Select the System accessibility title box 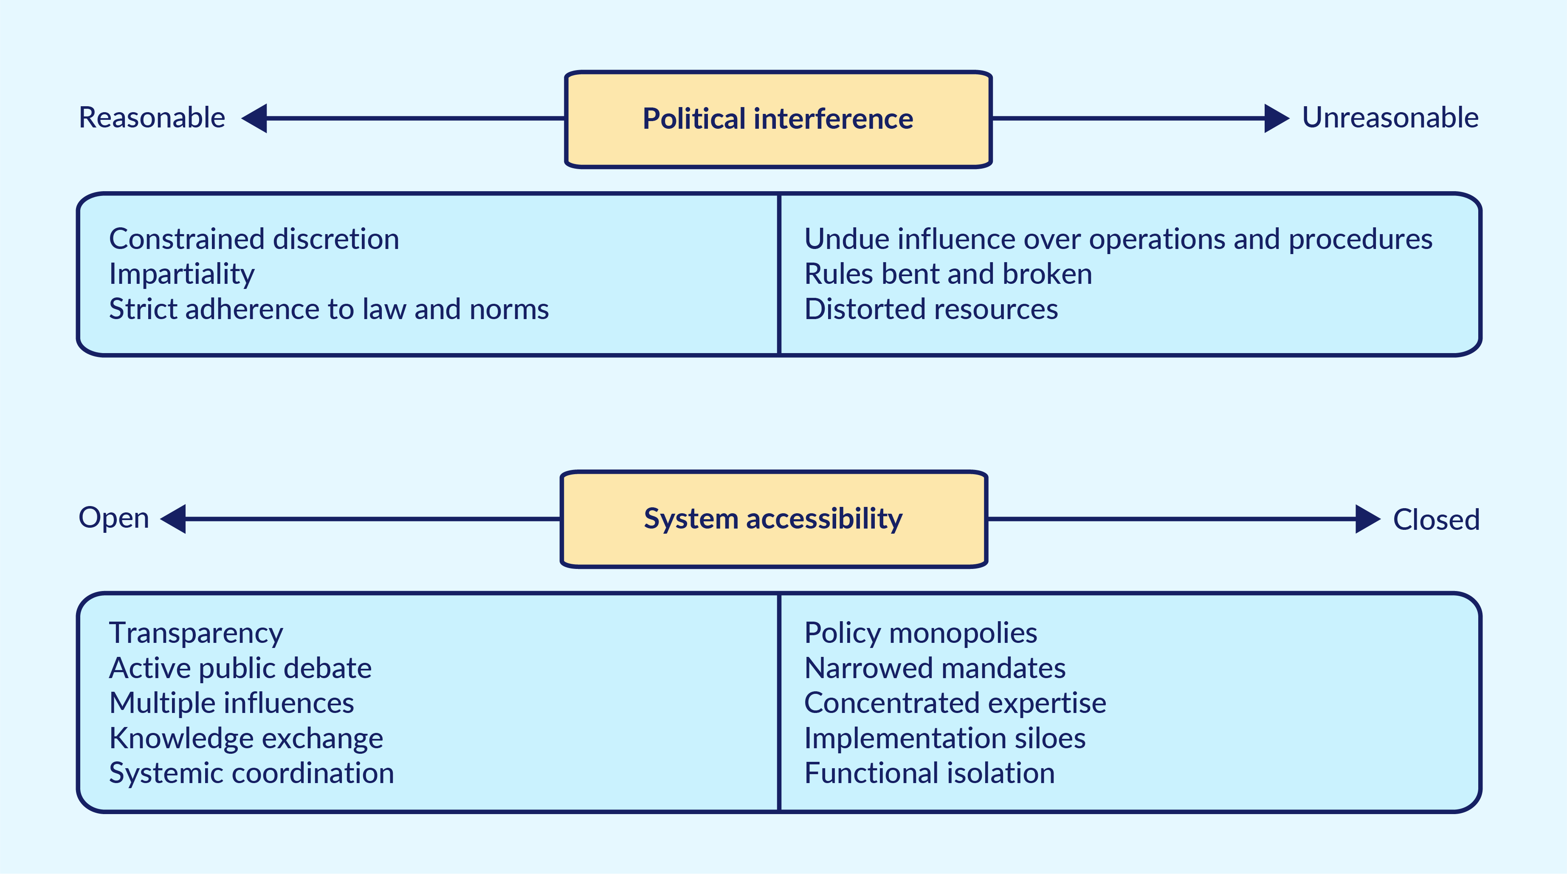point(774,519)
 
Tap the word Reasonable point(152,117)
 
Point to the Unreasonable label point(1390,117)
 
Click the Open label point(114,518)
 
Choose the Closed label point(1436,520)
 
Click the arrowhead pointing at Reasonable point(254,118)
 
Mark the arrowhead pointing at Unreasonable point(1277,118)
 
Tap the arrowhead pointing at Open point(173,519)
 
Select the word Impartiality point(182,274)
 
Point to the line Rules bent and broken point(948,274)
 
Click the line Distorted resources point(931,309)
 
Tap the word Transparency point(196,634)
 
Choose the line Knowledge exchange point(246,739)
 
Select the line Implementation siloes point(945,739)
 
